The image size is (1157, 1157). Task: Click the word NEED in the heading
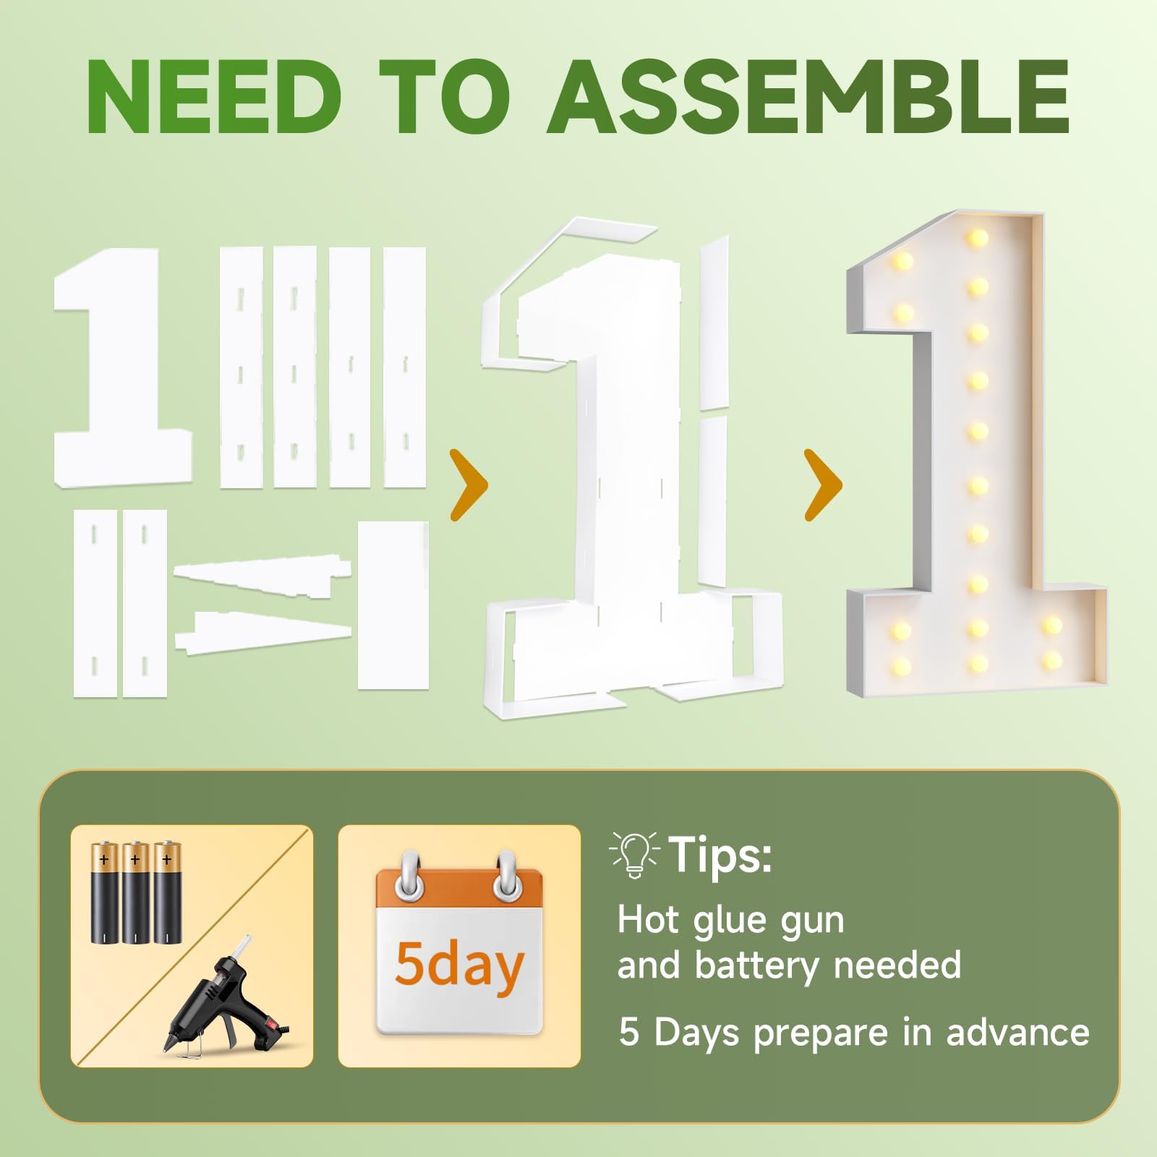[x=215, y=97]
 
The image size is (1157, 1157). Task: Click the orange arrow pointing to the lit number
[x=824, y=484]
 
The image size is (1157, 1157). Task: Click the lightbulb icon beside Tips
[x=635, y=855]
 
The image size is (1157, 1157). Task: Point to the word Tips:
[x=720, y=855]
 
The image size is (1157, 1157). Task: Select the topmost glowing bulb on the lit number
[x=978, y=236]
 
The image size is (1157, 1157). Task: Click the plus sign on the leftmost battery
[x=104, y=861]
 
